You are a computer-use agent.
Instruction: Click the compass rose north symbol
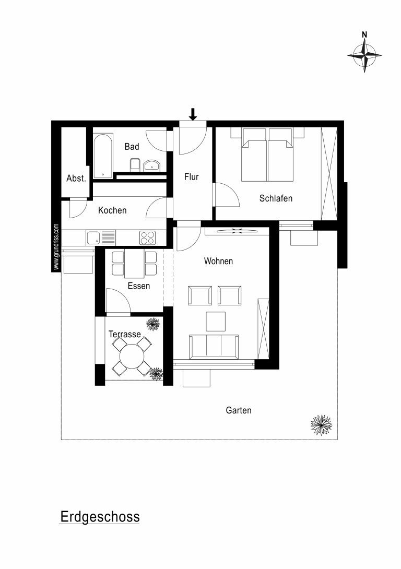coord(364,55)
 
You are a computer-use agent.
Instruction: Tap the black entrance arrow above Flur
coord(193,114)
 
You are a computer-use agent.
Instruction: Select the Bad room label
coord(132,147)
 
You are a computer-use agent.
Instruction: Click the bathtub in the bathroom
coord(103,157)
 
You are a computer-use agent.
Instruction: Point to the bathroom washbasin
coord(152,165)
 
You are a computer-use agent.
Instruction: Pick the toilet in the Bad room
coord(135,164)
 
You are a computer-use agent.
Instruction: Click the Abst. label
coord(76,178)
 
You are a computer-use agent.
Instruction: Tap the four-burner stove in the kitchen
coord(147,238)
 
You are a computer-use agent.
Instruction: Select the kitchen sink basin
coord(93,238)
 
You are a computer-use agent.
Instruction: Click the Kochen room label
coord(112,210)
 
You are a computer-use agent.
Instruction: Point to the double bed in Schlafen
coord(267,155)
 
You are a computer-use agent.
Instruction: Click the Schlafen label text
coord(276,198)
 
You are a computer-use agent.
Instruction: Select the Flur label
coord(191,177)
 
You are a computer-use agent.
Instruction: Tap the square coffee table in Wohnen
coord(216,321)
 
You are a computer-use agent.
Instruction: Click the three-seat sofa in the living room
coord(214,346)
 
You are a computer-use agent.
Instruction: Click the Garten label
coord(239,410)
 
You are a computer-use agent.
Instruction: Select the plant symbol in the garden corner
coord(321,425)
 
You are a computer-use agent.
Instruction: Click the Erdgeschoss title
coord(100,516)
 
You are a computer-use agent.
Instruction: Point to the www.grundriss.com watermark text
coord(56,246)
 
